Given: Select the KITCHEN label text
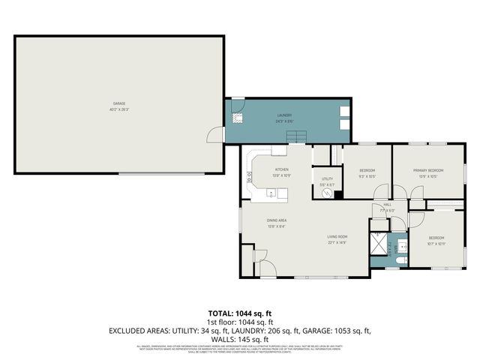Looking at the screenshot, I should (281, 170).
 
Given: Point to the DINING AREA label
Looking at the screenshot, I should (277, 220).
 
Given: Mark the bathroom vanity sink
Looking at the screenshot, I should (401, 245).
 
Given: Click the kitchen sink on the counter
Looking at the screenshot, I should (272, 193).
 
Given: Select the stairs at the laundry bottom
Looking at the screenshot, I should (298, 136).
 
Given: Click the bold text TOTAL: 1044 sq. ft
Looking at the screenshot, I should (239, 313).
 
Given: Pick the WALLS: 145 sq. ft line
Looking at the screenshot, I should (239, 339).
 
